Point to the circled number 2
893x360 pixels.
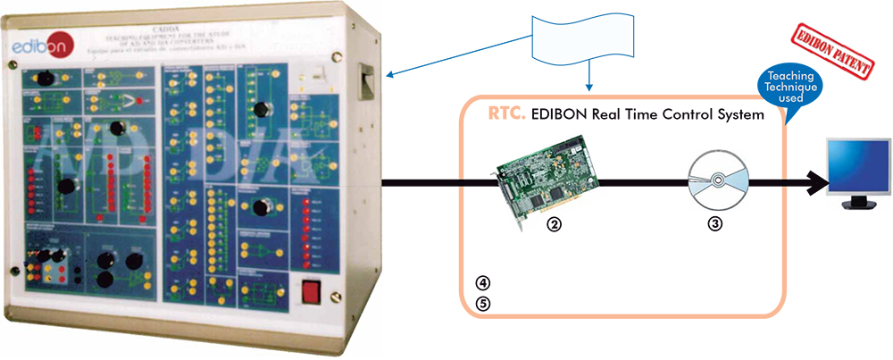coord(555,224)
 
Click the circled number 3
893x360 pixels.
coord(714,224)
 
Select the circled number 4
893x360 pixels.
coord(483,283)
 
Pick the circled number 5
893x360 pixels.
coord(483,304)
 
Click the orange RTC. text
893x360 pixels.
coord(506,114)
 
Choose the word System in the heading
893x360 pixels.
coord(741,114)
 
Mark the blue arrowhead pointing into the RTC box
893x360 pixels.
coord(589,88)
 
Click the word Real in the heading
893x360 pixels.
coord(605,114)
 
